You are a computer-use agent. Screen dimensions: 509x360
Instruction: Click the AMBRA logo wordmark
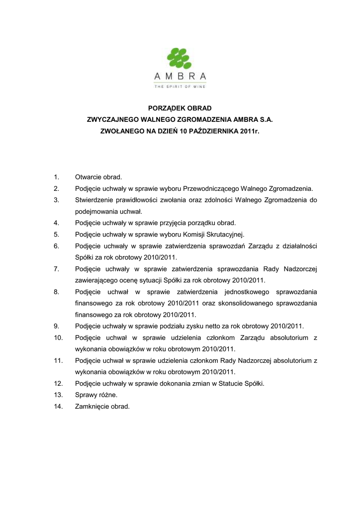click(180, 76)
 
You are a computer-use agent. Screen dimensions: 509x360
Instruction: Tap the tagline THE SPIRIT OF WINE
click(180, 86)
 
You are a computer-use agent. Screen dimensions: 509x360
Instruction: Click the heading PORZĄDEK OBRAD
click(180, 108)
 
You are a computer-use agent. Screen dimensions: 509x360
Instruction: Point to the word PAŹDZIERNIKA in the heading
click(213, 132)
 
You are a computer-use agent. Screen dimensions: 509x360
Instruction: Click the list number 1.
click(56, 177)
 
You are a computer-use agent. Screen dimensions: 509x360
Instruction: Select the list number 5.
click(56, 234)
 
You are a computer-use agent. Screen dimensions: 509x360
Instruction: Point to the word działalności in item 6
click(299, 246)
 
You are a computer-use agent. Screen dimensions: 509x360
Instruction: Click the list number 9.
click(56, 326)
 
